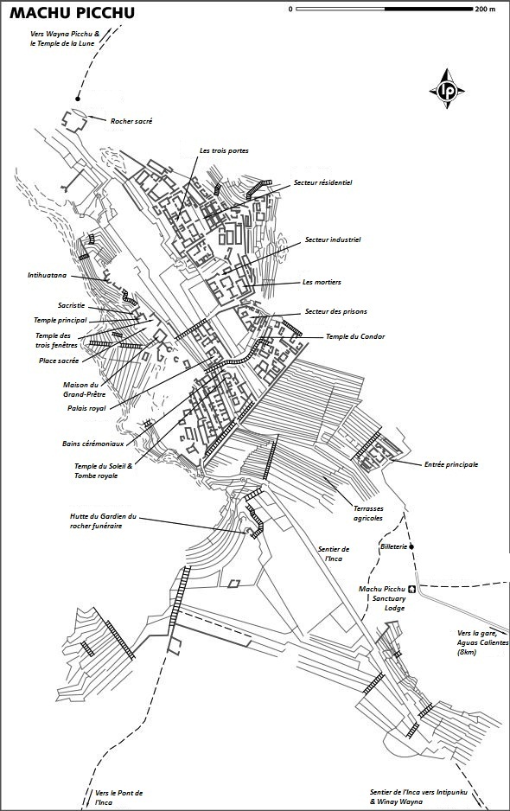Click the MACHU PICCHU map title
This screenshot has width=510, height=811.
coord(73,13)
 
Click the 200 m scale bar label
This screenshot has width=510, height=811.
coord(485,9)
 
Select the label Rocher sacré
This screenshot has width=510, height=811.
coord(131,122)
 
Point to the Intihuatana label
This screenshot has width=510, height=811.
coord(47,276)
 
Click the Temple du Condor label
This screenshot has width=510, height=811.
coord(355,336)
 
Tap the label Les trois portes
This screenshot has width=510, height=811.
coord(224,151)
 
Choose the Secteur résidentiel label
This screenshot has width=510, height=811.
coord(322,182)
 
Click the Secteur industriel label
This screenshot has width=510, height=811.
coord(333,240)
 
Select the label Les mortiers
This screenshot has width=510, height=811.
coord(322,283)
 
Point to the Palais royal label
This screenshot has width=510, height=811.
coord(86,409)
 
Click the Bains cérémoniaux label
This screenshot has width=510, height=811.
coord(93,444)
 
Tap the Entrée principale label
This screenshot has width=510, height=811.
coord(451,465)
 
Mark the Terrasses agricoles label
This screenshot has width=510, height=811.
coord(368,513)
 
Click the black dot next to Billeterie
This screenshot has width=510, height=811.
coord(411,546)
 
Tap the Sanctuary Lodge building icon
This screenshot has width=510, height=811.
coord(412,589)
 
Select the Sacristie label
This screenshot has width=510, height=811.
coord(72,306)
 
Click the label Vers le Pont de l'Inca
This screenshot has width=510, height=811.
coord(118,797)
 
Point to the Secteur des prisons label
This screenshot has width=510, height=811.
coord(335,311)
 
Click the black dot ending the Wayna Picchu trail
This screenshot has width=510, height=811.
coord(78,99)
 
